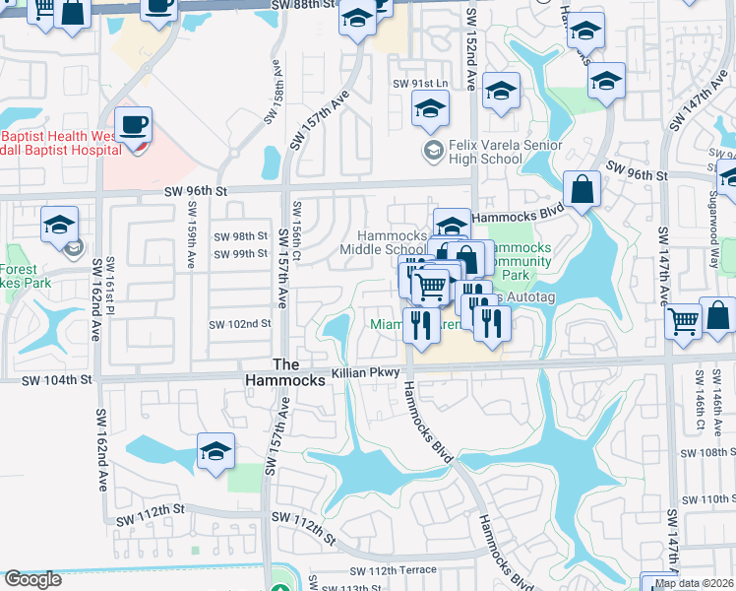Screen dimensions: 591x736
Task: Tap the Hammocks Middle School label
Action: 393,242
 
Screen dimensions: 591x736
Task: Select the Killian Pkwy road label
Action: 366,372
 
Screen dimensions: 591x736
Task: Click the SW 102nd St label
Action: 239,324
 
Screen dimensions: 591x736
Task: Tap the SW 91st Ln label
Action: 420,85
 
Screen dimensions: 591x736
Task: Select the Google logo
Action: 32,579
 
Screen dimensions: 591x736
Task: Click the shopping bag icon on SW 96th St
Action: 582,189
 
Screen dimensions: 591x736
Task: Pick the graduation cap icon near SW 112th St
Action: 215,452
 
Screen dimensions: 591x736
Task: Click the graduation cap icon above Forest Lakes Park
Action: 59,226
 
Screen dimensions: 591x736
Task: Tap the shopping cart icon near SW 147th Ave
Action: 683,321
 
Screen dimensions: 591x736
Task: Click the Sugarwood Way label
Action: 713,222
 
